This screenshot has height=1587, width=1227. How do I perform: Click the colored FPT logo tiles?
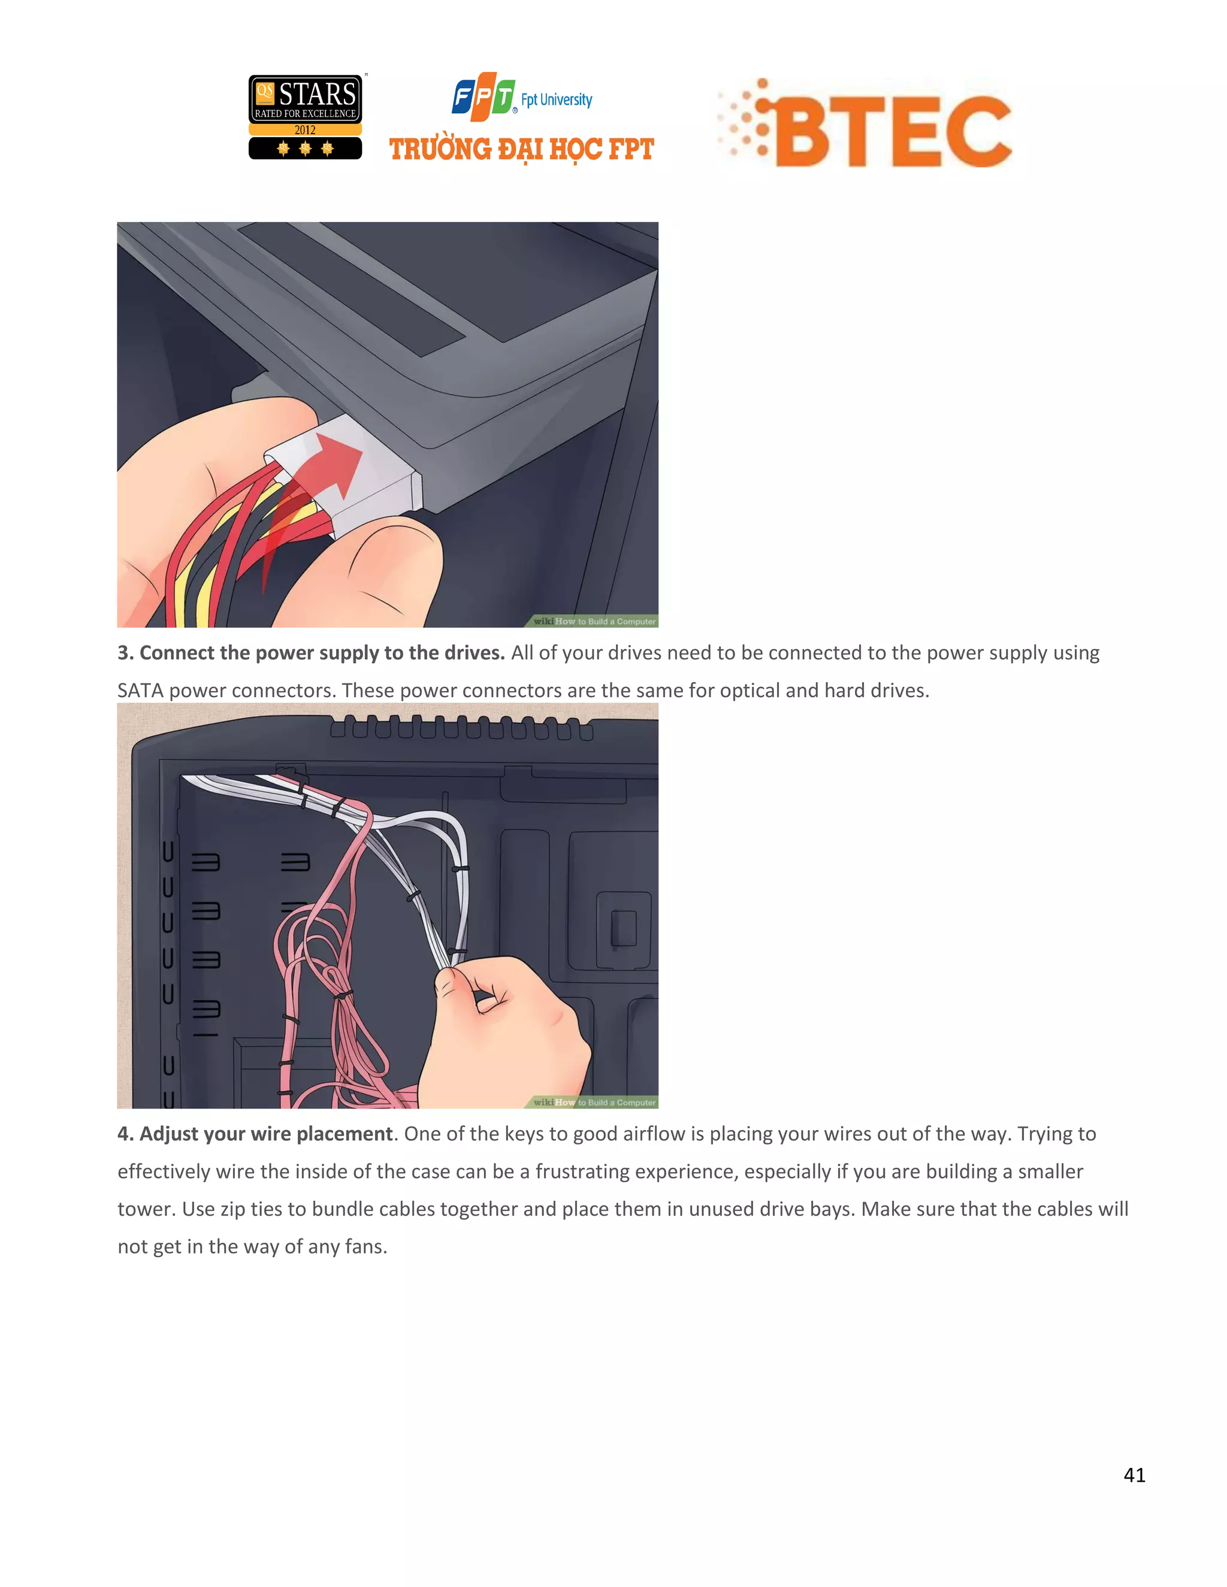click(x=483, y=96)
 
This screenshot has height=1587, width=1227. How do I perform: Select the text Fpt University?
click(x=556, y=99)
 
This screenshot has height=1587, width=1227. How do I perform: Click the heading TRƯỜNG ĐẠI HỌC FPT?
click(x=521, y=150)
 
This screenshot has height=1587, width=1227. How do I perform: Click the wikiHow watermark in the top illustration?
click(x=594, y=621)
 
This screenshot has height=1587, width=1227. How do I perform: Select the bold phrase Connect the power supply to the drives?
click(x=321, y=653)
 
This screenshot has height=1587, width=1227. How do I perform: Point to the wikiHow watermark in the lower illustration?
click(x=594, y=1103)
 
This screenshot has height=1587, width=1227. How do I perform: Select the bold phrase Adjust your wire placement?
click(x=265, y=1134)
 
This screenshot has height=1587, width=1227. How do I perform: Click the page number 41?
click(x=1134, y=1474)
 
